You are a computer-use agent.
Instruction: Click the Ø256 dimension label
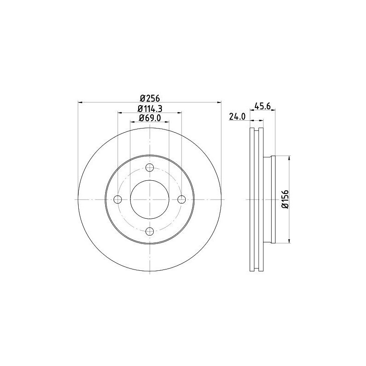149,98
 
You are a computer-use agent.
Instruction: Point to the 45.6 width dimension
263,106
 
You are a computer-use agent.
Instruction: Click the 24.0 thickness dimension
237,117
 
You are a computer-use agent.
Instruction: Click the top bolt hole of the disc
150,167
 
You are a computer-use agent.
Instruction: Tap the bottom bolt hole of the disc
150,231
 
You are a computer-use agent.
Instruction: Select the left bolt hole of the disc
118,199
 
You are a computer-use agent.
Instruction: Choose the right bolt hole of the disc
182,199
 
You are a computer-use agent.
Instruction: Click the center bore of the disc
150,199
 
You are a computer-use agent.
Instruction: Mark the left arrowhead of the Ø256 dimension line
81,102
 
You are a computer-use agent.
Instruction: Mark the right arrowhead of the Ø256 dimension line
219,102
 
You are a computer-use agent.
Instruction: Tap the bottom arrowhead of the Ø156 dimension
289,241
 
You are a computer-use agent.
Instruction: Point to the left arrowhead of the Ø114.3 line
119,112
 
